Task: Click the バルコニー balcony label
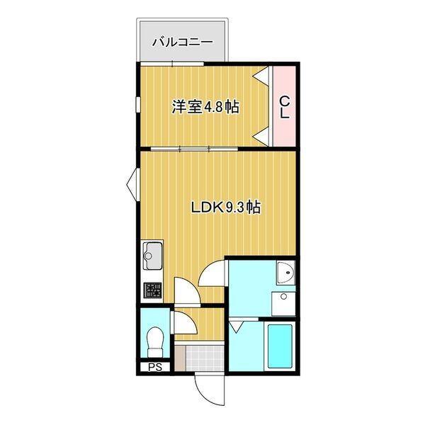click(182, 42)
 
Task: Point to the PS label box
click(154, 367)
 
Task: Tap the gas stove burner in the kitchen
click(152, 290)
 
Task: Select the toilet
click(154, 342)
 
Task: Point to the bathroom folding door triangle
click(237, 327)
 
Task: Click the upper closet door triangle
click(263, 74)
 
